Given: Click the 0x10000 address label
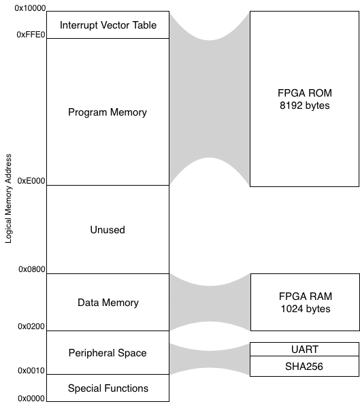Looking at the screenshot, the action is (x=30, y=8).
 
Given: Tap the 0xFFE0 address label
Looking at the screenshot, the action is (x=31, y=35).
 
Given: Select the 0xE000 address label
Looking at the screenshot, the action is (x=31, y=181).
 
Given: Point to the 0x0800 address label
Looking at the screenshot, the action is (x=32, y=269).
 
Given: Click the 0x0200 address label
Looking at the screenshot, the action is (x=31, y=326).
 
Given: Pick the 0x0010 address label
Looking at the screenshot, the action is (x=31, y=371).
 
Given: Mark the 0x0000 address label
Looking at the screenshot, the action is (x=31, y=399).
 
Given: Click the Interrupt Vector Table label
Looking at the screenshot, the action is (x=108, y=25).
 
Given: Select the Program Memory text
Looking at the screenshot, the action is (x=108, y=112).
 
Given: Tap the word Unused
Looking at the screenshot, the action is (x=108, y=230).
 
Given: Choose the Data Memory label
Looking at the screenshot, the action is (x=108, y=303).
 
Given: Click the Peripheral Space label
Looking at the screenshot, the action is (x=108, y=353).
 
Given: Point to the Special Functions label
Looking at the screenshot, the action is (x=108, y=388).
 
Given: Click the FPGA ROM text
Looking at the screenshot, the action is (x=305, y=93).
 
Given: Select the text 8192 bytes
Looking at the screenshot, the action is (x=305, y=105).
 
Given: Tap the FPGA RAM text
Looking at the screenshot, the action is (x=306, y=297).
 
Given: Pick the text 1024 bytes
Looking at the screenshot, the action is (x=306, y=309).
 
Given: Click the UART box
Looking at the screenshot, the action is (x=304, y=350).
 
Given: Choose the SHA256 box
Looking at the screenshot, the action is (x=304, y=367).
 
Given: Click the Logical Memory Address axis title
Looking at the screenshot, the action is (x=8, y=199).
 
